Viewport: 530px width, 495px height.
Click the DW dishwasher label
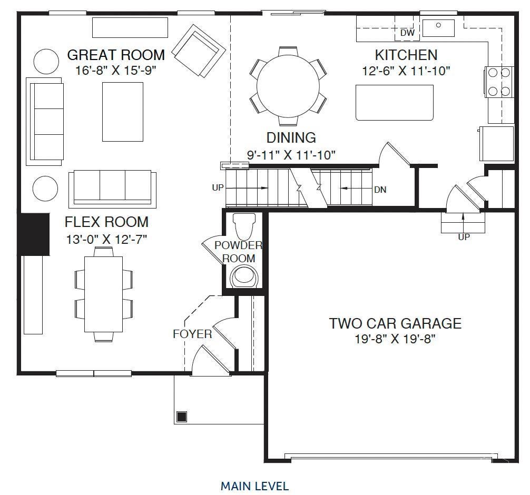407,33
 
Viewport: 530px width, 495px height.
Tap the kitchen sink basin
438,28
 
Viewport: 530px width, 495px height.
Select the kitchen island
395,102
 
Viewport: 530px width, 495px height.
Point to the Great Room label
116,55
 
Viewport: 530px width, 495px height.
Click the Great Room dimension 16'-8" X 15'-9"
116,71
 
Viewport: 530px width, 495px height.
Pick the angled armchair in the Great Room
199,51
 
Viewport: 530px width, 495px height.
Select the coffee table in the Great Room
123,112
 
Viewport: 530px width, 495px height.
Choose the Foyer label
192,334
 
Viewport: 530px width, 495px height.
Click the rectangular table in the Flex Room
103,294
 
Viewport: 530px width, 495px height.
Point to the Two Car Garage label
395,323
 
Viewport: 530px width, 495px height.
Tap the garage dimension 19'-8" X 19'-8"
395,339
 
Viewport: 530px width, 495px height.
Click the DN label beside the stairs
380,190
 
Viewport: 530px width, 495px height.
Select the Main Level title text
255,486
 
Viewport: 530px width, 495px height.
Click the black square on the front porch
182,417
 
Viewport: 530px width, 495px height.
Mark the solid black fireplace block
34,234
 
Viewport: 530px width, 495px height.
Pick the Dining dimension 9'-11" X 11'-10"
291,155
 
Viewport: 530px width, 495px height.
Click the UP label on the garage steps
464,237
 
